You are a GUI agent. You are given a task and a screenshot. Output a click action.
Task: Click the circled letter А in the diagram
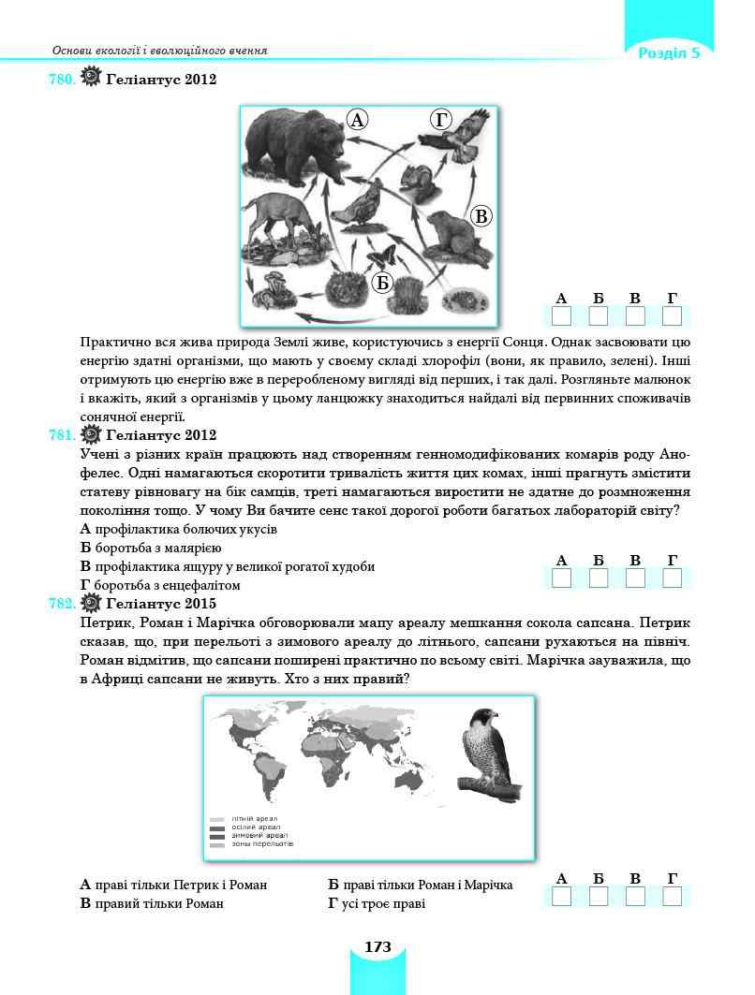click(x=357, y=119)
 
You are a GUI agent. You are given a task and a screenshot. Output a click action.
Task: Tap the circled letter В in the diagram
click(x=481, y=217)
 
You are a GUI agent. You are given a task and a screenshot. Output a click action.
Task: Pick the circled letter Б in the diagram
click(x=381, y=283)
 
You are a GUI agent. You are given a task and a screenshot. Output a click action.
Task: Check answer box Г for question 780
click(x=672, y=315)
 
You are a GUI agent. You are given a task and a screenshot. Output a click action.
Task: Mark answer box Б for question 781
click(x=599, y=578)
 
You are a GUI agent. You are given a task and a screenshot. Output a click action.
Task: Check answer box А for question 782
click(x=562, y=897)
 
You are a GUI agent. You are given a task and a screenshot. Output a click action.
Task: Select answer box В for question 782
click(x=635, y=897)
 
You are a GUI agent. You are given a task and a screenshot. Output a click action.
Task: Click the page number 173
click(x=377, y=947)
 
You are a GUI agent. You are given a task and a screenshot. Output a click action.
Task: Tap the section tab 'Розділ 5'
click(x=669, y=52)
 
